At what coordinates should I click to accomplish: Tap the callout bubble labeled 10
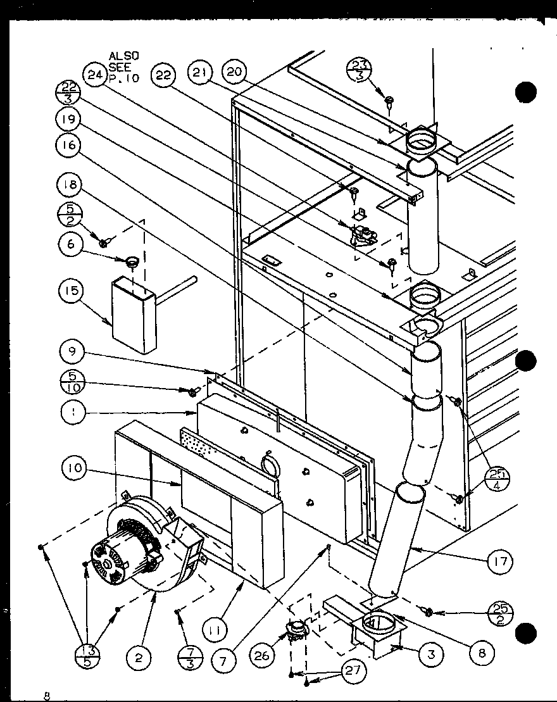[x=74, y=468]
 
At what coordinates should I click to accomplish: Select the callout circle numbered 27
[x=355, y=670]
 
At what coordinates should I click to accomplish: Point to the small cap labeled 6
[x=132, y=261]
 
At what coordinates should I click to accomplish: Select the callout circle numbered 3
[x=430, y=655]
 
